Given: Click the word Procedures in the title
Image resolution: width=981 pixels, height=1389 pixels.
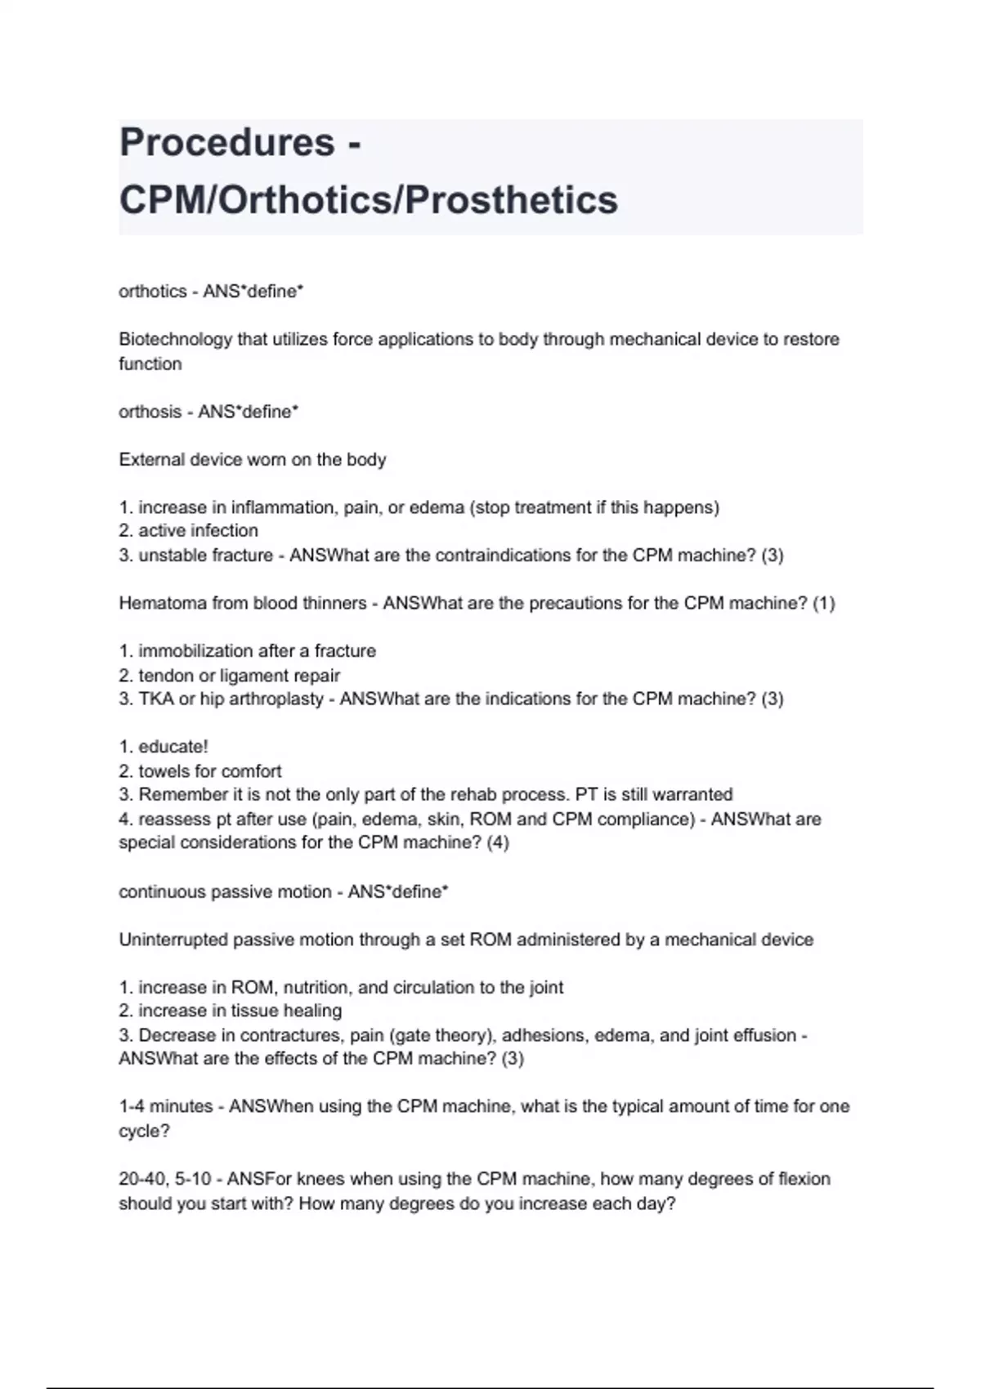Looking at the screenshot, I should (226, 142).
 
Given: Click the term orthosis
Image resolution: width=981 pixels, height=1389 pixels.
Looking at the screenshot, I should (150, 412).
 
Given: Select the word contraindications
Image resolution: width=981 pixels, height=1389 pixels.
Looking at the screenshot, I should (516, 556).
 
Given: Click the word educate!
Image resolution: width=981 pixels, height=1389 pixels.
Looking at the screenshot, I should (173, 747).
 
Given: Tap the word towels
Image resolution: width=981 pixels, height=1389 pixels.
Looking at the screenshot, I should (165, 771).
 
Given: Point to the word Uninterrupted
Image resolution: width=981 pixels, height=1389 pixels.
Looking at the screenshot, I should (173, 940).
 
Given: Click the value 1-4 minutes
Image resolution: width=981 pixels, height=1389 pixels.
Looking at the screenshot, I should (165, 1106).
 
